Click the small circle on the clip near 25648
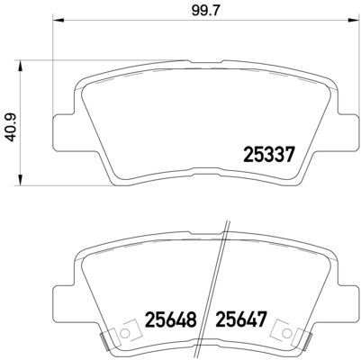coord(123,335)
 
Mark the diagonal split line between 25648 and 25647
coord(216,288)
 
